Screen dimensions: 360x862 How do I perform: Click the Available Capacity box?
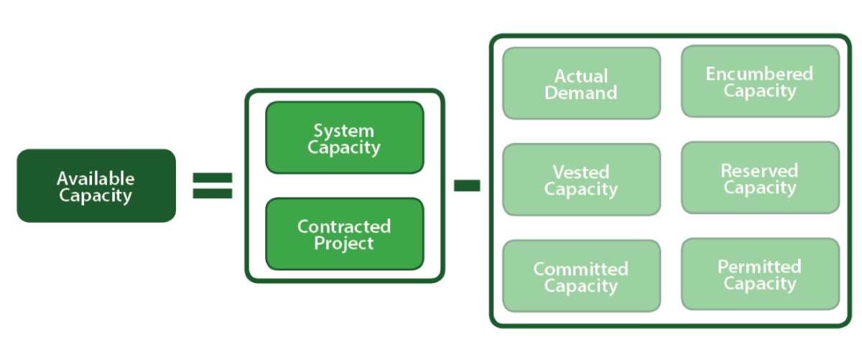coord(96,185)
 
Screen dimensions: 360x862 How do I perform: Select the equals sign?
coord(213,185)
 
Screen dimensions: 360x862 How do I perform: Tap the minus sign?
coord(467,186)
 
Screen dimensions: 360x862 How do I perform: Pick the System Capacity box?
coord(344,138)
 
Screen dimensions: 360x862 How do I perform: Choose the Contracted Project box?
coord(344,234)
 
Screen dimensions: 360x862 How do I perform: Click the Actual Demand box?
coord(580,83)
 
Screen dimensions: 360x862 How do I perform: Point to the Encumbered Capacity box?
coord(759,81)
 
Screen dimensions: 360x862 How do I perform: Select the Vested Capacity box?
coord(580,180)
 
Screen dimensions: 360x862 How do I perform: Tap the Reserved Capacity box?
coord(759,178)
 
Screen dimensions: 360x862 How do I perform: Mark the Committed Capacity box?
coord(580,276)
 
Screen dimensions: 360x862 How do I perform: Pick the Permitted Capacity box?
coord(759,274)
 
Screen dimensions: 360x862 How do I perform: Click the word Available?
coord(96,178)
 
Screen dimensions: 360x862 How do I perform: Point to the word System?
coord(343,131)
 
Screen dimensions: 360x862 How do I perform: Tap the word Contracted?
coord(344,226)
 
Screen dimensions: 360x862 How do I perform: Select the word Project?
coord(343,244)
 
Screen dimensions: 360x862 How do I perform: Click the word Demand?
coord(580,93)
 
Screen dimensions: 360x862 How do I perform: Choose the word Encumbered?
coord(759,73)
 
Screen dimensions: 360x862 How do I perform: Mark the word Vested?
coord(580,172)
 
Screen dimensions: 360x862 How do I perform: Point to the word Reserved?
coord(759,170)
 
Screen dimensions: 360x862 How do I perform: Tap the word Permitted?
coord(759,267)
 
